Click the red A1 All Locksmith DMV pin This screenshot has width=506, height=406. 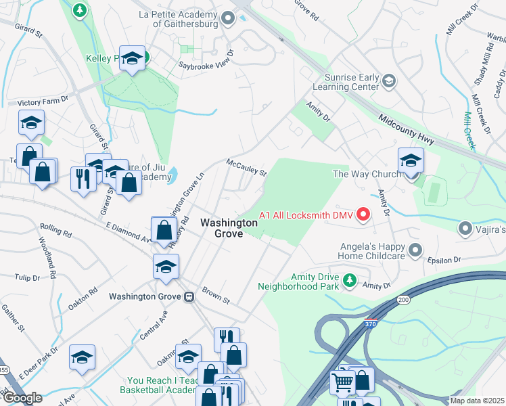click(x=363, y=215)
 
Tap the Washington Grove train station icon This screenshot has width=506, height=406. click(x=189, y=296)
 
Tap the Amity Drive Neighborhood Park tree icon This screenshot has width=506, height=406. click(x=349, y=279)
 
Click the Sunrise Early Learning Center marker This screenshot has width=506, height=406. click(x=388, y=82)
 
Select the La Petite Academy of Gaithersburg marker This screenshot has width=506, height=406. click(x=228, y=18)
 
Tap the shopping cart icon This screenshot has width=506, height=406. click(x=343, y=383)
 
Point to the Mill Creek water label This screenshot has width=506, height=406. click(x=469, y=129)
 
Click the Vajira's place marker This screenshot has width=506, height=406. click(x=465, y=229)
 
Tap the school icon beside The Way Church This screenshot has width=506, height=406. click(x=411, y=161)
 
